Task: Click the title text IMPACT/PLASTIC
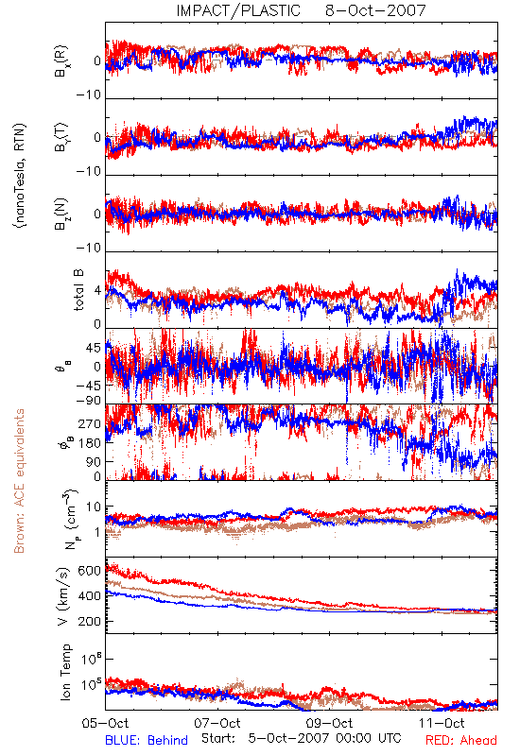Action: point(238,10)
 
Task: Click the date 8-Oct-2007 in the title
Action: point(375,10)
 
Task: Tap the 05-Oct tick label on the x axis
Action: point(106,723)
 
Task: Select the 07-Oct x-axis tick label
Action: point(217,723)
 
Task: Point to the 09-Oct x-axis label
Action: point(329,723)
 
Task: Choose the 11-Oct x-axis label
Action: point(442,723)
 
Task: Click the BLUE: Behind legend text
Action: point(147,740)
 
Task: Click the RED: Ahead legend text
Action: point(460,740)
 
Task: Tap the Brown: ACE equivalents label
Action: point(19,481)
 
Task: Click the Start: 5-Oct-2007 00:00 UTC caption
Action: point(301,738)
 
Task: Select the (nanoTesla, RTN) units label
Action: point(20,176)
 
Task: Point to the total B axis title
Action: point(78,290)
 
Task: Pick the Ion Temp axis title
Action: point(65,672)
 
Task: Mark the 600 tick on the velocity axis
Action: point(90,571)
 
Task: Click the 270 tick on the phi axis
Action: point(90,424)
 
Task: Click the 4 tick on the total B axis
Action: point(98,291)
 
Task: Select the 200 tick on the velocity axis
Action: point(90,622)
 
